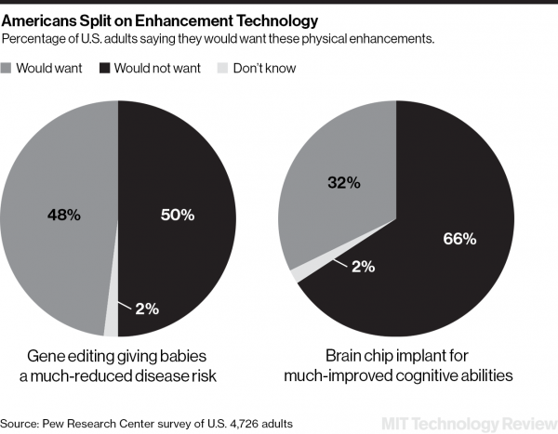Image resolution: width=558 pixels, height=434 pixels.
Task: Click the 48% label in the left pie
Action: tap(64, 215)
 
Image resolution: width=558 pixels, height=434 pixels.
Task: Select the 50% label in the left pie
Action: tap(177, 215)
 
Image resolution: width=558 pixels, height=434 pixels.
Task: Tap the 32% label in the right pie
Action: tap(343, 183)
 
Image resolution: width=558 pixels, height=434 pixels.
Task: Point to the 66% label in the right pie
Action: tap(458, 239)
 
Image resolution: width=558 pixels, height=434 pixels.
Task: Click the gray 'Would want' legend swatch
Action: tap(9, 68)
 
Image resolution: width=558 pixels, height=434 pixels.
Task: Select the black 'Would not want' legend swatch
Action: tap(105, 68)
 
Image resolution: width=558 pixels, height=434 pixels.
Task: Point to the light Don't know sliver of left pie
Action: tap(111, 321)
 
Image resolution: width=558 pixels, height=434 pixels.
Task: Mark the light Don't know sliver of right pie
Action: tap(298, 274)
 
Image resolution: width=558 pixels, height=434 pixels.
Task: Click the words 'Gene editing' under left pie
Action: tap(68, 356)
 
